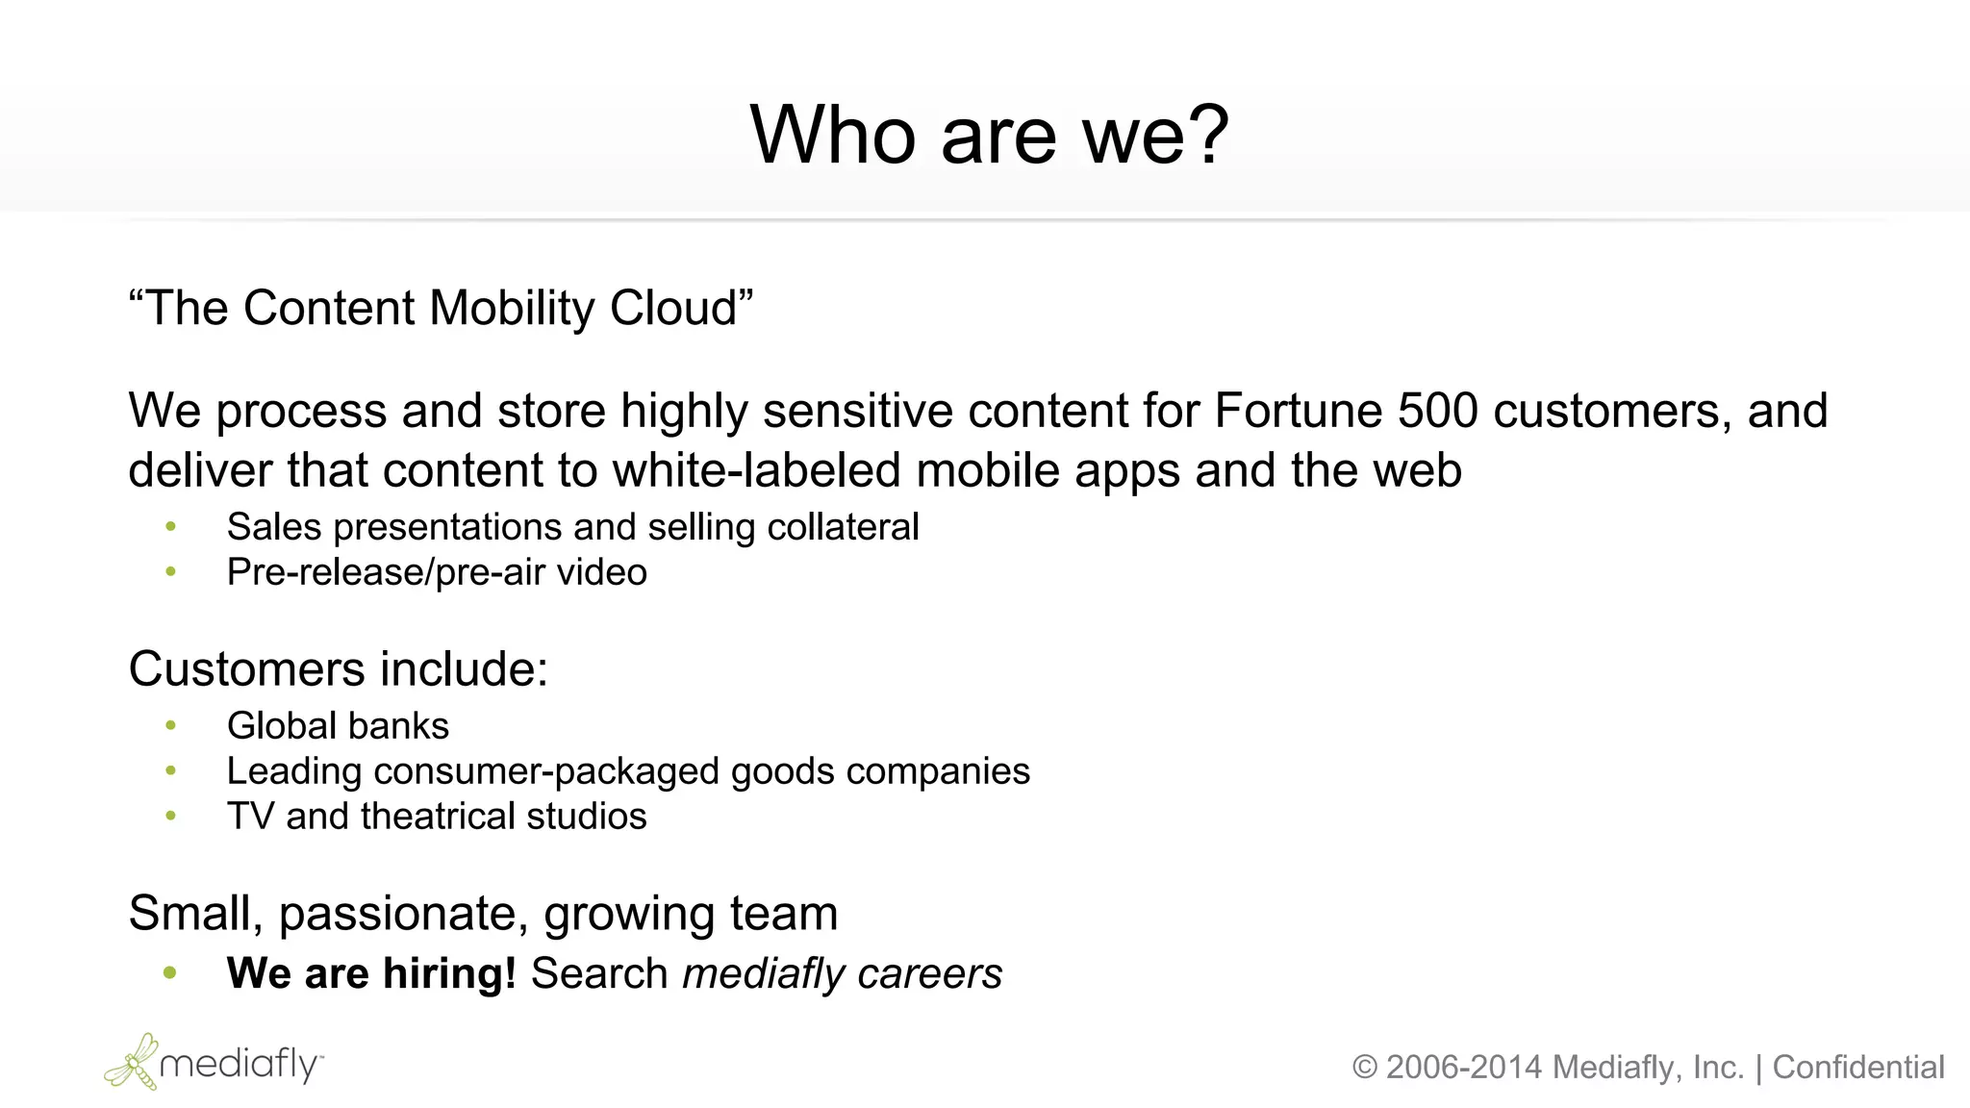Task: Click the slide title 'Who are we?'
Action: (x=989, y=136)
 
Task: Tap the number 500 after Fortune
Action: (x=1437, y=411)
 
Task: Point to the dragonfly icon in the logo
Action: (x=133, y=1062)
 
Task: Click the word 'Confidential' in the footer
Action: (x=1858, y=1068)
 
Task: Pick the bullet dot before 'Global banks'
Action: (x=171, y=725)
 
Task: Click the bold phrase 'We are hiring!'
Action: (x=371, y=973)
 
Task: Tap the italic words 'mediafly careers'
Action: (x=842, y=973)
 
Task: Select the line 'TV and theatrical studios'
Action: (x=437, y=817)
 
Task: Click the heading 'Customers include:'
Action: (x=339, y=669)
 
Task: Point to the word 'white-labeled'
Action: (x=757, y=471)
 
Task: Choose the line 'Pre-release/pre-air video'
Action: (x=437, y=572)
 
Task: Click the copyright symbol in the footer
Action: (x=1365, y=1068)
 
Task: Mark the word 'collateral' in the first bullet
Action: (x=843, y=527)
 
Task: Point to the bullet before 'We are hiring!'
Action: (x=171, y=972)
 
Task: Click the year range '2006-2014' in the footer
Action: (x=1464, y=1068)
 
